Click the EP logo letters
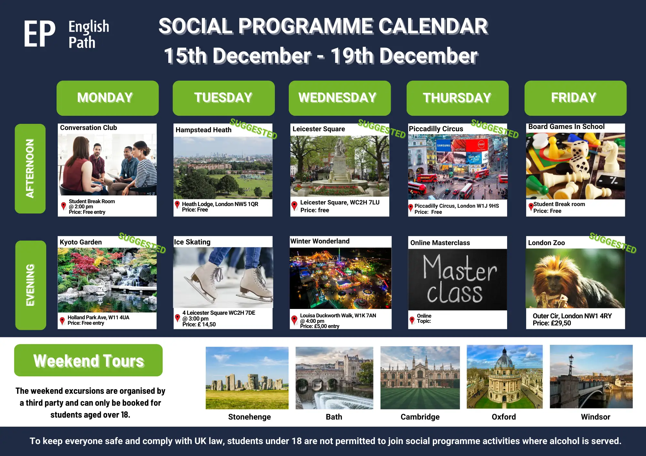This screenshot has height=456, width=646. coord(39,34)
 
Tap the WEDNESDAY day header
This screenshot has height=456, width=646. coord(339,98)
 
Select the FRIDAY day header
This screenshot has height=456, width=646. coord(575,98)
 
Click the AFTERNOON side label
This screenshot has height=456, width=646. coord(30,168)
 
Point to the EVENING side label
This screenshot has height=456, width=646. coord(30,285)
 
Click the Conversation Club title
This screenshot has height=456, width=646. coord(89,128)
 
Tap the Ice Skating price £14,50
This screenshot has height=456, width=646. coord(199,324)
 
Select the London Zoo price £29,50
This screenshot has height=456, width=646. coord(552,323)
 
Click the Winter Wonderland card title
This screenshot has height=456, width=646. coord(320,241)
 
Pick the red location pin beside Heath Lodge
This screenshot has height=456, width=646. coord(177,205)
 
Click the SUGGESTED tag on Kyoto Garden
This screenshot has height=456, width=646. coord(142,243)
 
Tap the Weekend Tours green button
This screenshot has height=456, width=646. coord(88,360)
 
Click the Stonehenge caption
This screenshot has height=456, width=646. coord(249,417)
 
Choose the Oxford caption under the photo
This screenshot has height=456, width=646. coord(504,417)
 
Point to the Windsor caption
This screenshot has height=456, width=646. coord(595,417)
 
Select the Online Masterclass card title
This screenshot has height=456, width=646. coord(440,243)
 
